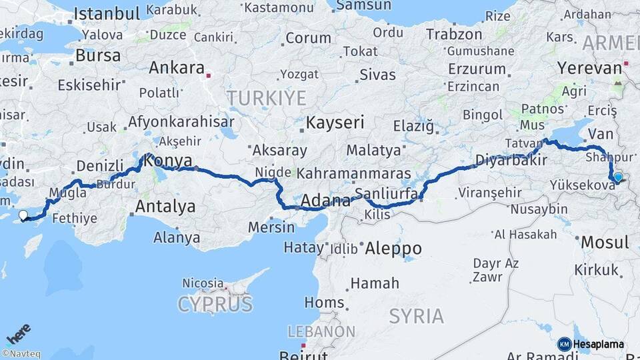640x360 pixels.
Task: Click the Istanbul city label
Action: pos(107,13)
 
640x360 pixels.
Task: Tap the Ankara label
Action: pos(176,68)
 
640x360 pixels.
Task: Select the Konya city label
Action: pos(168,161)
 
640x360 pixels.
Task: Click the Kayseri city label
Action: pos(335,123)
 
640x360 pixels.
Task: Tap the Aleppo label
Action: pos(393,249)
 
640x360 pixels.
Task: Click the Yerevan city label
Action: pos(589,68)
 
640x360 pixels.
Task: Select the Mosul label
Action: pos(605,242)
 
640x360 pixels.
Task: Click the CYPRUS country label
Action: pos(215,305)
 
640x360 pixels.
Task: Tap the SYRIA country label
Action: pos(416,316)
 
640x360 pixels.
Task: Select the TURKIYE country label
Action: pos(266,99)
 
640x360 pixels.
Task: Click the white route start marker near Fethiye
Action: pos(24,215)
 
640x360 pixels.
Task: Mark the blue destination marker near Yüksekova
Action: pos(618,177)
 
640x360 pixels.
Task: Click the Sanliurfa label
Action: pos(386,194)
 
